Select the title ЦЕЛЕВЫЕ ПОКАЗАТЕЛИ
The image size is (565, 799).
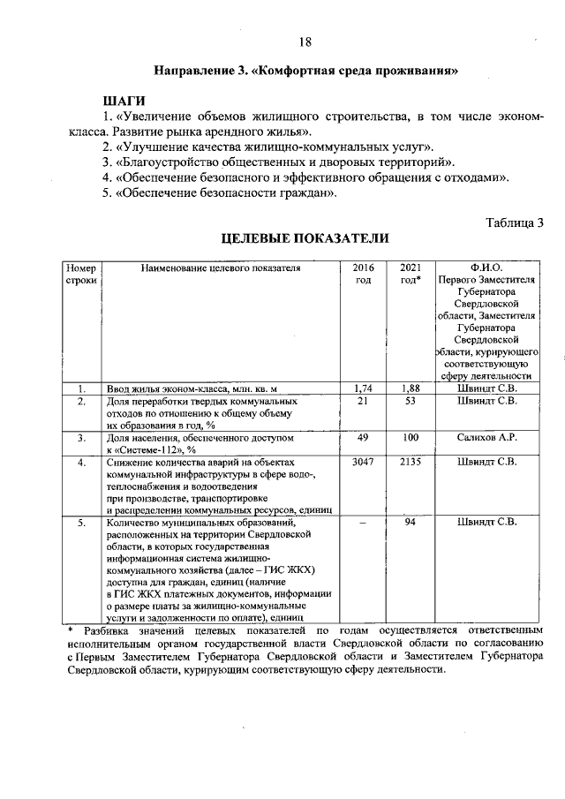click(305, 238)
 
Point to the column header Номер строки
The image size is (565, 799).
click(80, 274)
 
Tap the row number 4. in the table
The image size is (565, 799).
click(80, 462)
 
